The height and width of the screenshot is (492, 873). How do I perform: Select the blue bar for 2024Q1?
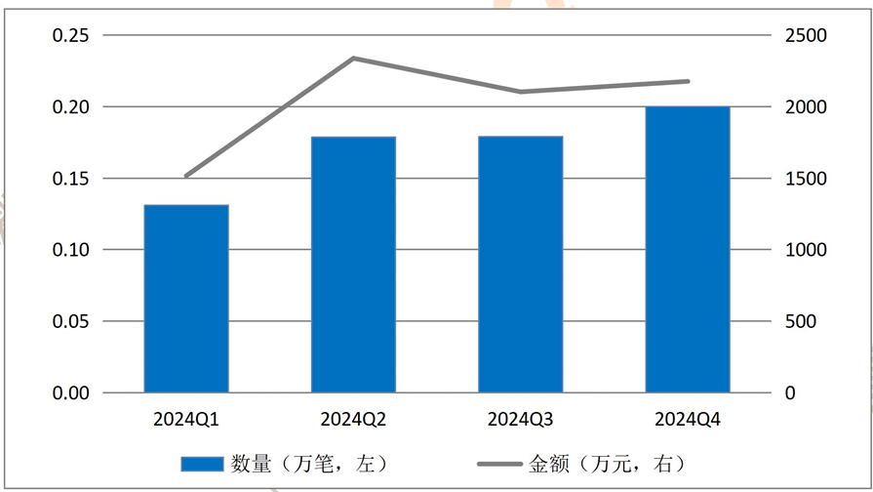pos(186,299)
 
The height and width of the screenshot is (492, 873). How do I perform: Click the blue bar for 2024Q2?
pos(353,265)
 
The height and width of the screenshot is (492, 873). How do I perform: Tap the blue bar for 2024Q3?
pos(521,265)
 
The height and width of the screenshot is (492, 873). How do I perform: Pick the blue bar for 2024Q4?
pos(688,250)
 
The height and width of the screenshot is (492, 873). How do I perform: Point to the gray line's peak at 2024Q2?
pos(353,58)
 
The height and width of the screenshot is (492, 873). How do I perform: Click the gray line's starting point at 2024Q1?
pos(186,176)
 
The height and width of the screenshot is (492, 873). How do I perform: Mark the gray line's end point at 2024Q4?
pos(688,81)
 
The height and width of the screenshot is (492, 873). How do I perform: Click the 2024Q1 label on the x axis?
pos(186,419)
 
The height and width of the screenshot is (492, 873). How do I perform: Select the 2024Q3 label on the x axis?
pos(521,419)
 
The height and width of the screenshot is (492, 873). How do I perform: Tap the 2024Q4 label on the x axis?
pos(688,419)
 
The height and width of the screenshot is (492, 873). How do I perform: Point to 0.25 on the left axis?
pos(70,35)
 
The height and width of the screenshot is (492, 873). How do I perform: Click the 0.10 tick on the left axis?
pos(70,250)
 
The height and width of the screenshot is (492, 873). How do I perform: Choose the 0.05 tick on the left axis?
pos(70,321)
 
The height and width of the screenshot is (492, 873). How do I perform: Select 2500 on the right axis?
pos(806,35)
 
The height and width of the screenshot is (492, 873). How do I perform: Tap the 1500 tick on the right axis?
pos(806,179)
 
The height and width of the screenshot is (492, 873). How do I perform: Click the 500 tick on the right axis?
pos(801,321)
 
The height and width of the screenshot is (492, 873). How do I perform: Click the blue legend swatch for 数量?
pos(202,464)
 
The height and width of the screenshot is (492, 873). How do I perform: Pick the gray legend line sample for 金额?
pos(499,464)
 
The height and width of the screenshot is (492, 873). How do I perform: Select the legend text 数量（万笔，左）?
pos(309,464)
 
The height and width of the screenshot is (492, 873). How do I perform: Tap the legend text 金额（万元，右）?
pos(607,464)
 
